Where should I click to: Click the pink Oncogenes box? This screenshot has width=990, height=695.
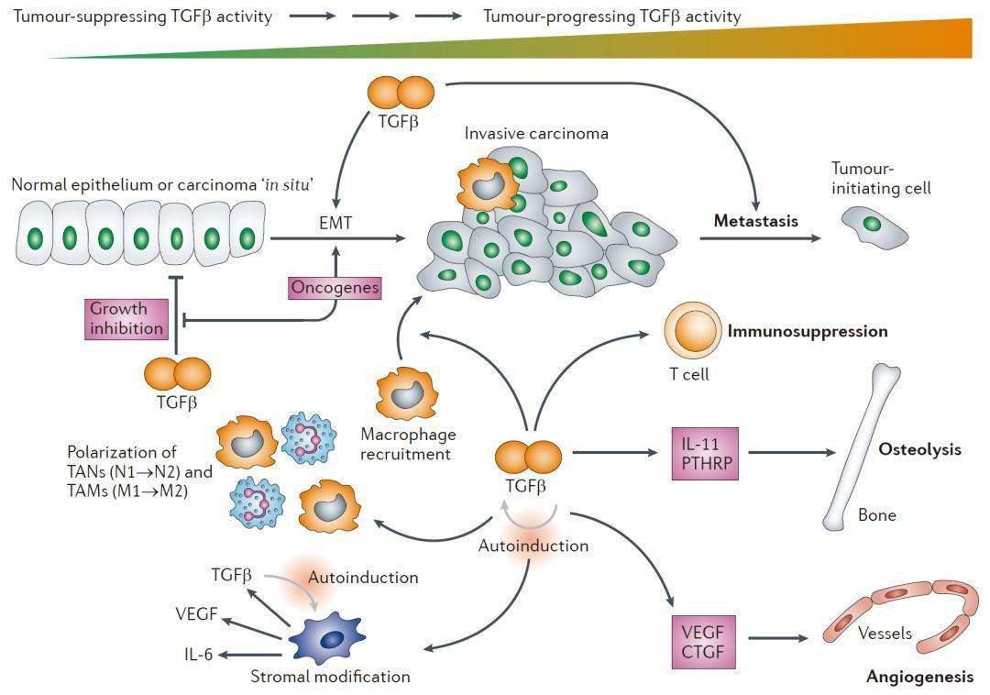click(335, 288)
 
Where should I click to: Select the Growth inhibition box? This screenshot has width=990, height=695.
click(126, 319)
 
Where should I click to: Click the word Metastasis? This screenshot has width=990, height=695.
click(756, 221)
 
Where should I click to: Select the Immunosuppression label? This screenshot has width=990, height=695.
click(807, 331)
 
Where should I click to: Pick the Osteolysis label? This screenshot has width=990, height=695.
click(919, 450)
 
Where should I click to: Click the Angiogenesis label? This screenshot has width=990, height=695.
click(919, 678)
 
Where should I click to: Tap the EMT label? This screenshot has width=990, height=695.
click(335, 221)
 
